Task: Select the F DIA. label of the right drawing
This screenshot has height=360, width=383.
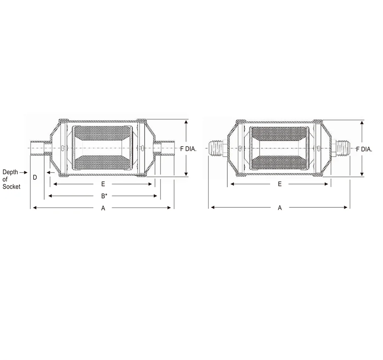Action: coord(365,149)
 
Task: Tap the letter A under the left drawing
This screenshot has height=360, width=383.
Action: coord(103,208)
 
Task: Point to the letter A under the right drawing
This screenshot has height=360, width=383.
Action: coord(280,208)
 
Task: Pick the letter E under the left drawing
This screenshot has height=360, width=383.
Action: coord(103,184)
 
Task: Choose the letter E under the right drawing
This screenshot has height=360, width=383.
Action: coord(280,184)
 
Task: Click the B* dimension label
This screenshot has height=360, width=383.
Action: coord(103,196)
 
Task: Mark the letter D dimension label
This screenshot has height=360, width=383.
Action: coord(35,177)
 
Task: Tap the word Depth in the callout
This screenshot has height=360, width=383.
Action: coord(10,172)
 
